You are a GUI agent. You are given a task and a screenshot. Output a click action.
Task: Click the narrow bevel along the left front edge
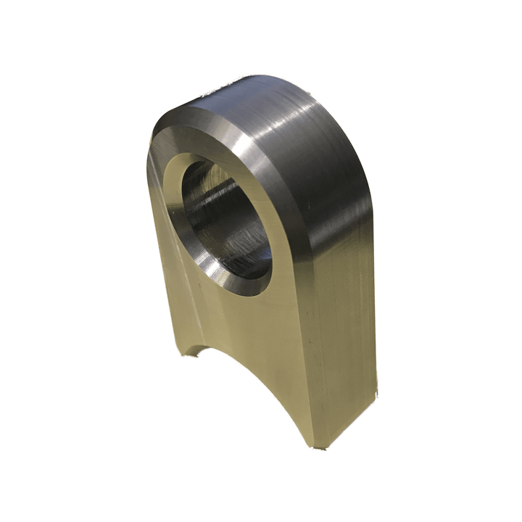click(x=156, y=239)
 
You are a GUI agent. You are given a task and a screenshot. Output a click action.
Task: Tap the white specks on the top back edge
click(x=217, y=91)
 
